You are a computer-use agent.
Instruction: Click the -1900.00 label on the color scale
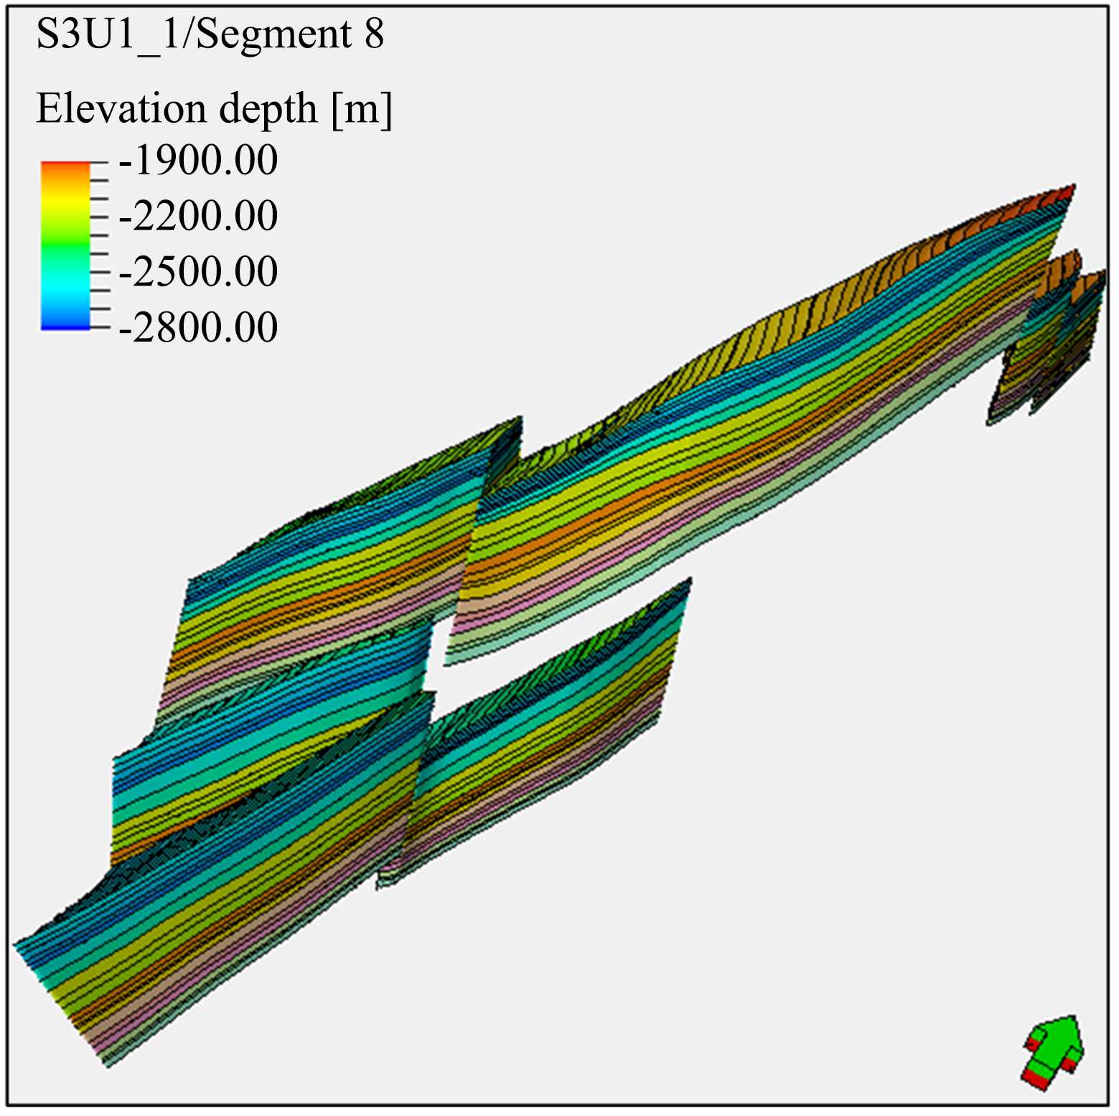point(198,160)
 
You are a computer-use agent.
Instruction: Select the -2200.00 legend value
point(198,216)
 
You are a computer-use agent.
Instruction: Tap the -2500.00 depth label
point(198,272)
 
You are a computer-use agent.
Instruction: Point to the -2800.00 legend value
point(198,328)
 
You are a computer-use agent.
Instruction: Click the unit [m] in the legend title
point(362,111)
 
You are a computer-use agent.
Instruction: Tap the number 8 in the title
point(374,34)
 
